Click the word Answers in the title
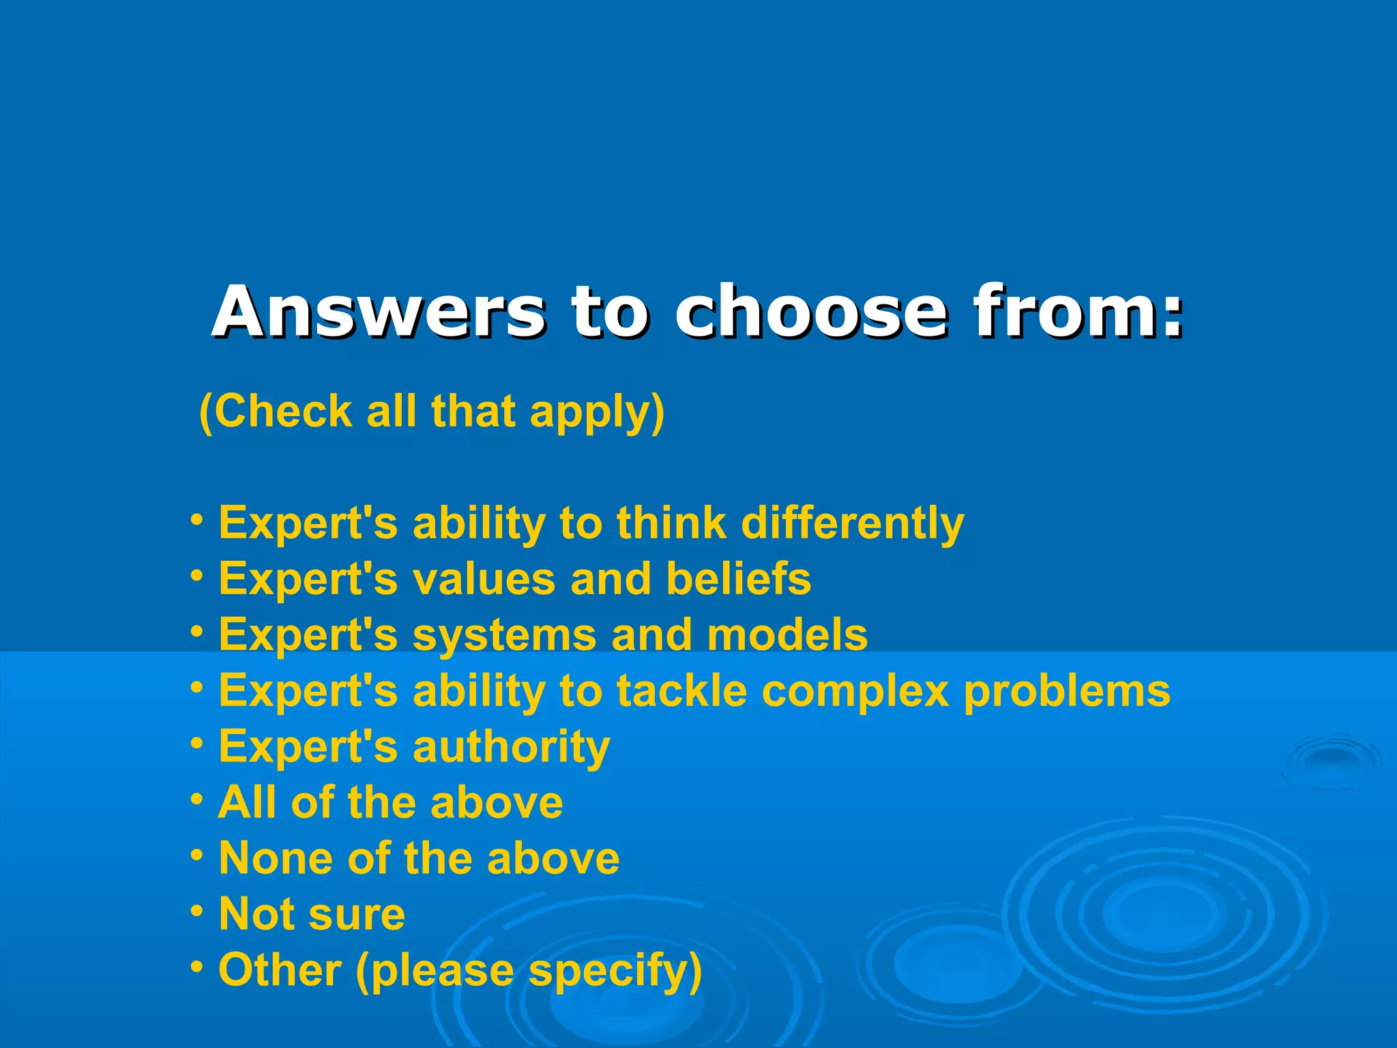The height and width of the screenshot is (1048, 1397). (x=379, y=312)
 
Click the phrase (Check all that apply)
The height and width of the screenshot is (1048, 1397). (x=431, y=411)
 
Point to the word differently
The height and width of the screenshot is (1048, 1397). (x=852, y=523)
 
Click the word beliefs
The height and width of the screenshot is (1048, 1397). (x=738, y=579)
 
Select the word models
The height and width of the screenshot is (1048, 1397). (x=787, y=635)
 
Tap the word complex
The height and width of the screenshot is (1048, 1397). (x=855, y=691)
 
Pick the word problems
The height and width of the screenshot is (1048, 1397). (x=1067, y=691)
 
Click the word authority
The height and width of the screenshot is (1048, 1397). (x=511, y=747)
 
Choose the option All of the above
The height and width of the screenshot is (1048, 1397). (x=390, y=802)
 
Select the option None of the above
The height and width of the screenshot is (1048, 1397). (x=419, y=858)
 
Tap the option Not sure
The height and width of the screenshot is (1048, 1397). (x=312, y=914)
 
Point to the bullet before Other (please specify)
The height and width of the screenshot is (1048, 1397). (x=197, y=967)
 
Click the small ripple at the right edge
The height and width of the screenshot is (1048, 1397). (x=1334, y=761)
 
